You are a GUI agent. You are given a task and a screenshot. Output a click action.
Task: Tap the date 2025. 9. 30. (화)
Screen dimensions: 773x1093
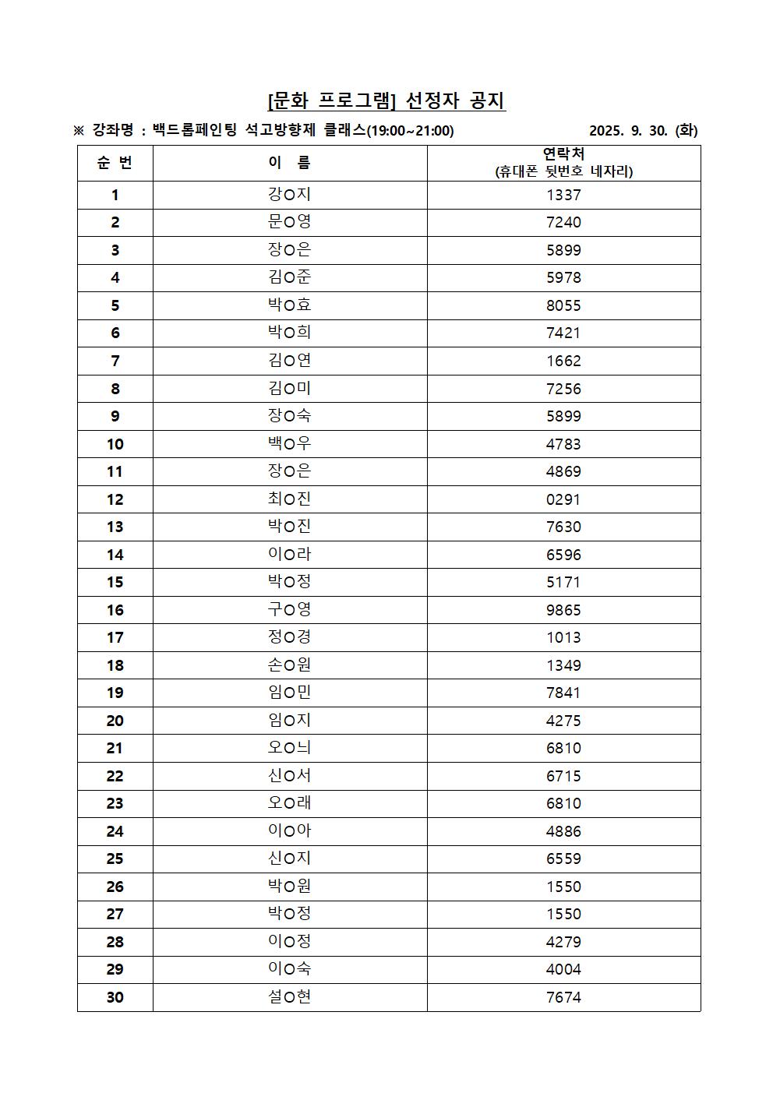point(643,131)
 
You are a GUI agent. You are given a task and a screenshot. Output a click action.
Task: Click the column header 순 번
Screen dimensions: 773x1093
point(115,163)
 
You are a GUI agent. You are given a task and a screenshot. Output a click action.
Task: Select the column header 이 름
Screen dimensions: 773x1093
point(289,163)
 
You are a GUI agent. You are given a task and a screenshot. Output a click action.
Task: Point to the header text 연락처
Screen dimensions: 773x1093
point(563,154)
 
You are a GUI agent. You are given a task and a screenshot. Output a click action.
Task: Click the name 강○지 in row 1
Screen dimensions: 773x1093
point(289,195)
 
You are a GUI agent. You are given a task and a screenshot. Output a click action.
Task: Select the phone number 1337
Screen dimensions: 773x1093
point(563,195)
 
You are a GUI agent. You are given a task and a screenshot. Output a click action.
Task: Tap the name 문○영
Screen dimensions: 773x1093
point(289,222)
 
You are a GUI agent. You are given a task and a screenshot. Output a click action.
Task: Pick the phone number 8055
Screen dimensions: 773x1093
point(563,305)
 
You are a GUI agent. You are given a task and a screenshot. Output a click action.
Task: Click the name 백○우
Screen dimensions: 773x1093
point(289,444)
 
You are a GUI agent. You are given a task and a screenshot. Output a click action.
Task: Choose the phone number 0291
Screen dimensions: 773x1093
point(563,499)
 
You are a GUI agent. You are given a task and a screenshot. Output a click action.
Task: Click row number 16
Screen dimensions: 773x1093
point(115,610)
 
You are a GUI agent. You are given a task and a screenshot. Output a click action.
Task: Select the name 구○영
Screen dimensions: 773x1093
point(289,610)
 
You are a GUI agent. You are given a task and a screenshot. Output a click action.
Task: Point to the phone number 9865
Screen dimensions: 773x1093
point(563,610)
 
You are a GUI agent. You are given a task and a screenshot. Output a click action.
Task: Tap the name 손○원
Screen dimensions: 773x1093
point(289,665)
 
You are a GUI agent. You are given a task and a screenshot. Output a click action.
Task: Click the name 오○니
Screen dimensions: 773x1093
point(289,748)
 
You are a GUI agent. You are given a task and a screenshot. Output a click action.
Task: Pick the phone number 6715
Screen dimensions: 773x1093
point(563,776)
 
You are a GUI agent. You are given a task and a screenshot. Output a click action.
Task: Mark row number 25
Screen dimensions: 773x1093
point(115,859)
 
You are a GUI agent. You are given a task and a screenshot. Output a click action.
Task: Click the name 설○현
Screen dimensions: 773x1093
point(289,997)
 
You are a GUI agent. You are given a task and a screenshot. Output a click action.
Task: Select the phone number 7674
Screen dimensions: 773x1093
point(563,997)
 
